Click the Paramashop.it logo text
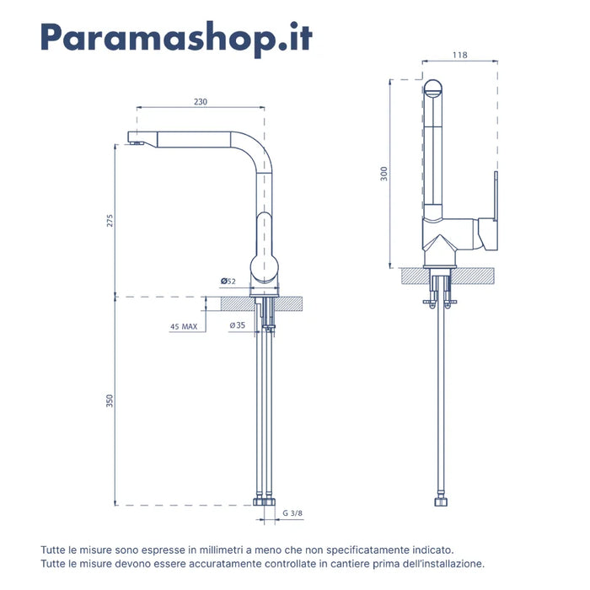point(176,38)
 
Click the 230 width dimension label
point(201,102)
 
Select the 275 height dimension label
point(110,221)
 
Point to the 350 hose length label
point(109,400)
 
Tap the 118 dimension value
point(460,55)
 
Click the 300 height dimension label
point(383,174)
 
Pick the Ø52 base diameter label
point(228,281)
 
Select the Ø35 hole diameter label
point(238,325)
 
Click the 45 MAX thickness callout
point(184,327)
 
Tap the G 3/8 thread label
point(292,512)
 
